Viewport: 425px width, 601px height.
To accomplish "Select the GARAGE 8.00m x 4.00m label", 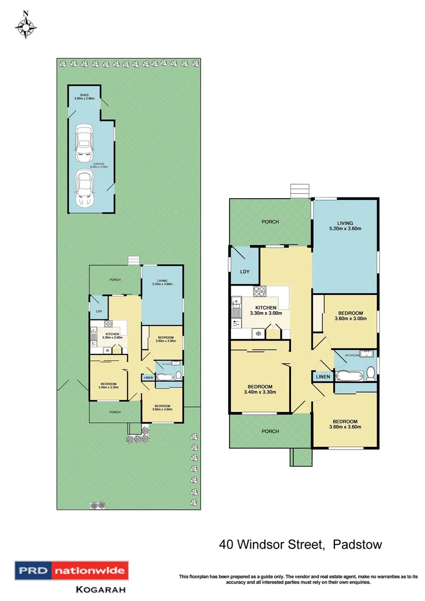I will pyautogui.click(x=92, y=165).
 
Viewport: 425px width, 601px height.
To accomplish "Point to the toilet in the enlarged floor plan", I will pyautogui.click(x=370, y=375).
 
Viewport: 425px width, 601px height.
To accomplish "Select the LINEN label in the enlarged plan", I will pyautogui.click(x=323, y=377).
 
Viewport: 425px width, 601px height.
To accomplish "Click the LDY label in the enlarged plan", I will pyautogui.click(x=244, y=272).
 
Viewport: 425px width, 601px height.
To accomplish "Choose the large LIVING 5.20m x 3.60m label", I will pyautogui.click(x=345, y=226).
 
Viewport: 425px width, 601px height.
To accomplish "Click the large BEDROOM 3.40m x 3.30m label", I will pyautogui.click(x=260, y=390).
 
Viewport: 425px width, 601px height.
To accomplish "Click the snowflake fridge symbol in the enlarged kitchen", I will pyautogui.click(x=258, y=333).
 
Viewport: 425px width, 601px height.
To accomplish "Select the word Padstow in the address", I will pyautogui.click(x=357, y=544).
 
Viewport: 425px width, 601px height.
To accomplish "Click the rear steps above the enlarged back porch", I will pyautogui.click(x=299, y=191).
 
